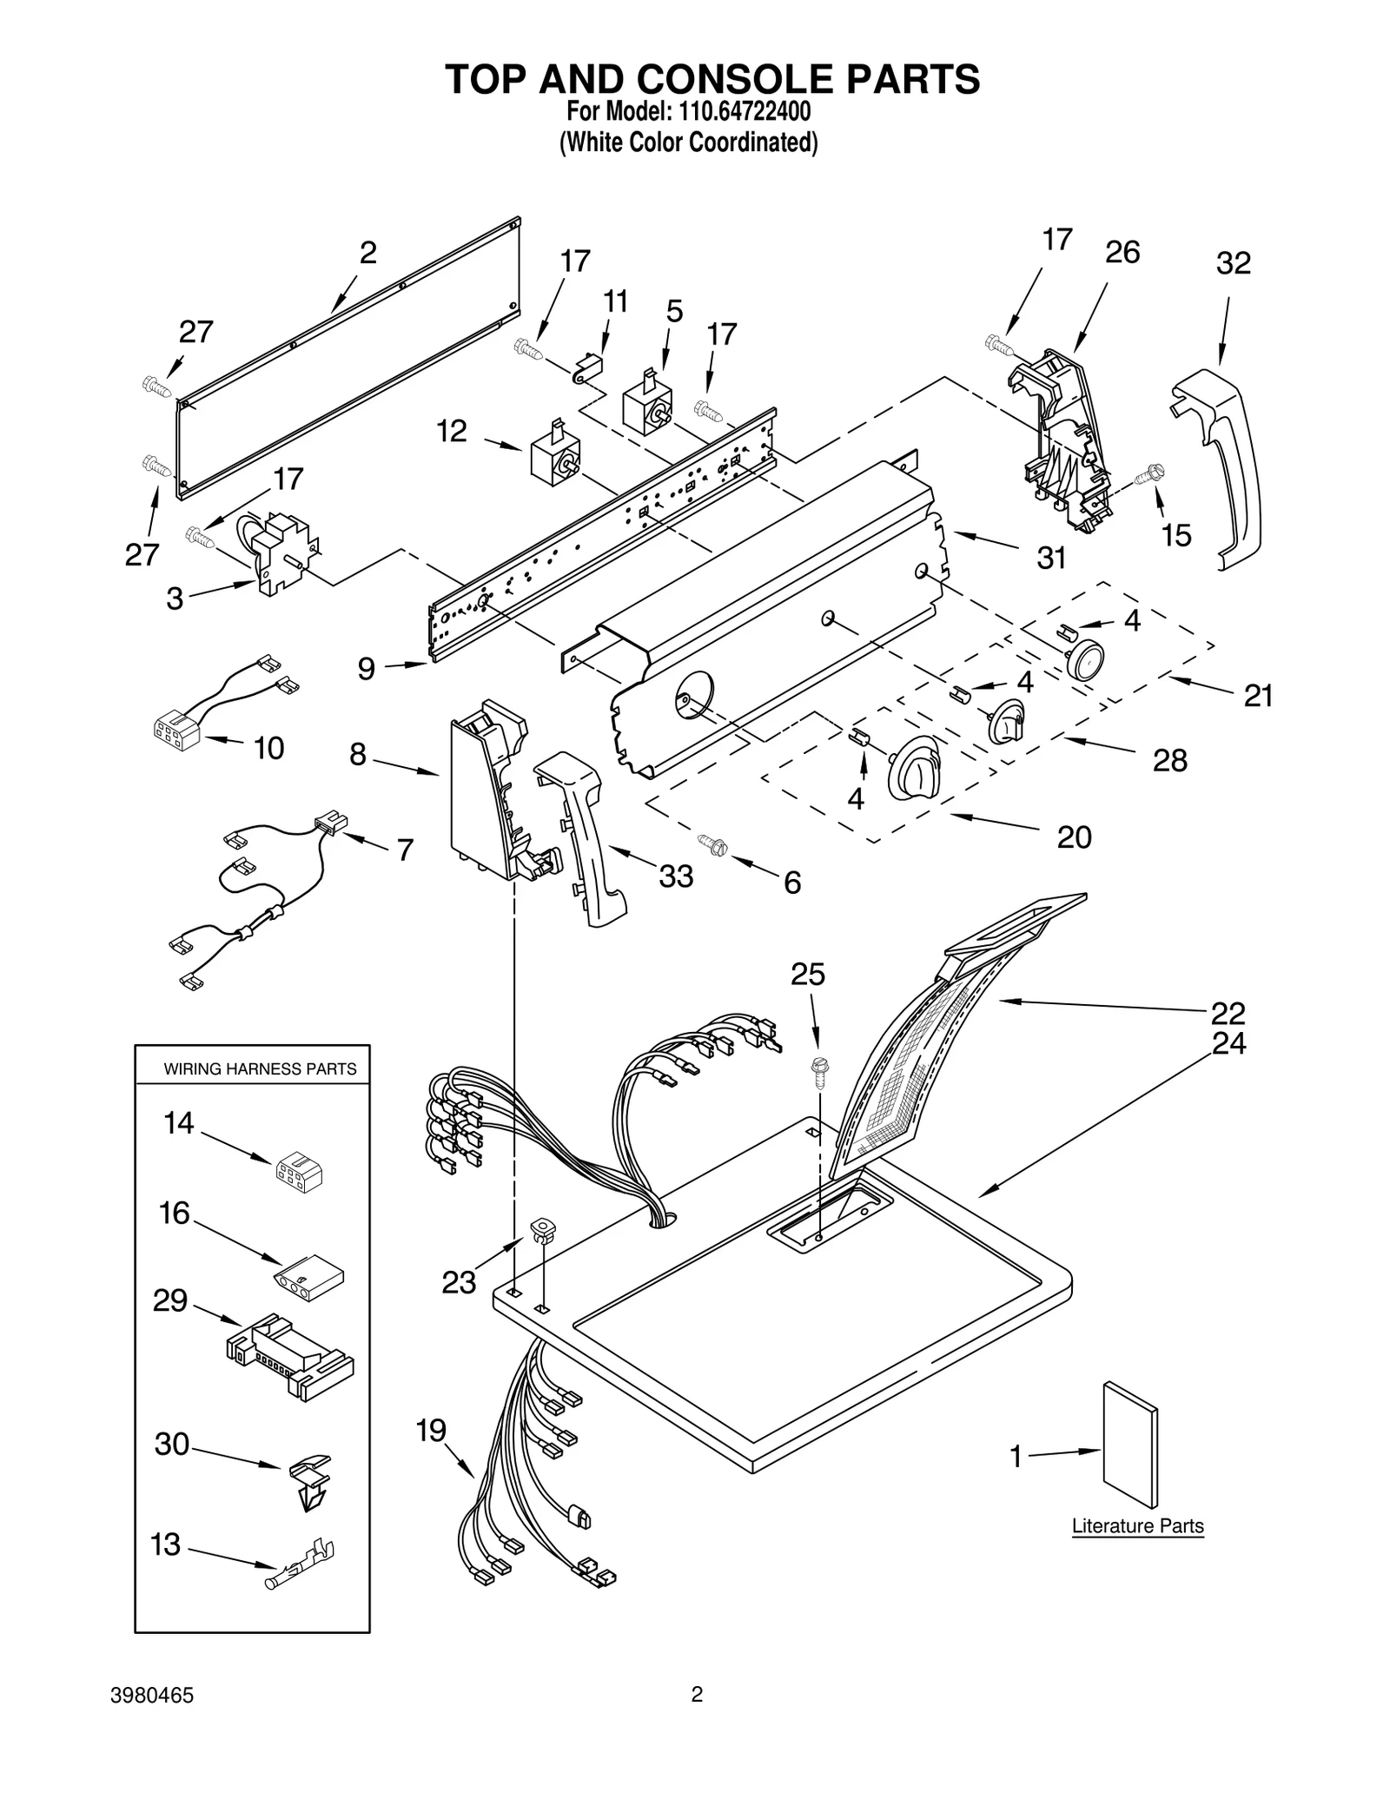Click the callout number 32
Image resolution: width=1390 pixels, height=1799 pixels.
tap(1233, 264)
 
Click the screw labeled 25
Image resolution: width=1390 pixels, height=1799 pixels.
tap(817, 1071)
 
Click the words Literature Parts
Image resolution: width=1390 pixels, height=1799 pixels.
tap(1137, 1526)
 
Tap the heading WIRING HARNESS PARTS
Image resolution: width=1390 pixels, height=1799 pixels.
tap(260, 1069)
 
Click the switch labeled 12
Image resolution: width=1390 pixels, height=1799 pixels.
tap(553, 456)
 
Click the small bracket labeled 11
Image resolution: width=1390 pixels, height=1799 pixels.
tap(589, 367)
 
